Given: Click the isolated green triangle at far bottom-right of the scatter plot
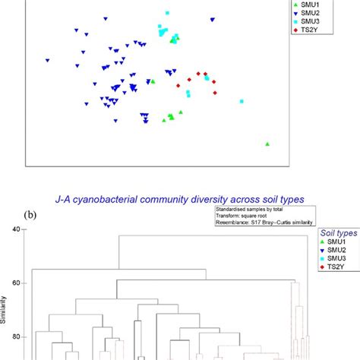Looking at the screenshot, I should point(267,143).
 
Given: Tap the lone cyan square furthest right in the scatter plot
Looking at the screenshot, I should point(242,101).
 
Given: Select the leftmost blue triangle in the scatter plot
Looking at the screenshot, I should point(47,61).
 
